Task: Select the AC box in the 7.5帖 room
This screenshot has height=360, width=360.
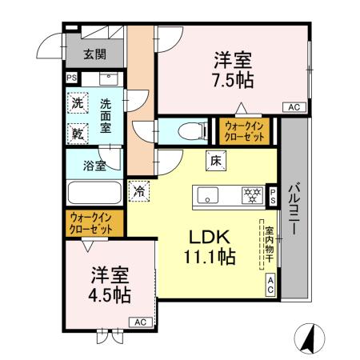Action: (293, 107)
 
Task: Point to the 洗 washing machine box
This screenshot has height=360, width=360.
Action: (78, 102)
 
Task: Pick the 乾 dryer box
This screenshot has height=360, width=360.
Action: (78, 131)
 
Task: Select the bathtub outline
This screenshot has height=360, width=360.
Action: (94, 193)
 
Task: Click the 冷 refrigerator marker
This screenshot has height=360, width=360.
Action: (139, 191)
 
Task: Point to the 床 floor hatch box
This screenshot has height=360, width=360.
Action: (216, 160)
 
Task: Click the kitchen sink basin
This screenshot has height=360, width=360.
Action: (207, 194)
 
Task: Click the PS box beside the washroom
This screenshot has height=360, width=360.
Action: (72, 78)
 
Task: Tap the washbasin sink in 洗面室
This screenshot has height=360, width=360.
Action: (107, 79)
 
